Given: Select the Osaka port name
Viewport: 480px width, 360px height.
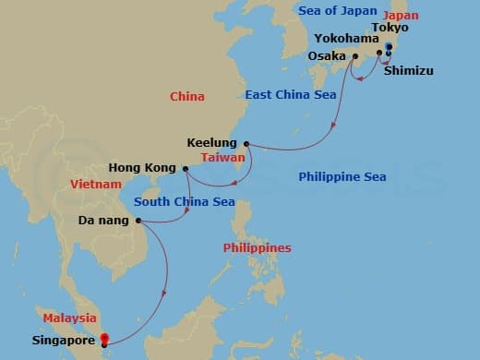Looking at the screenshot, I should point(325,54).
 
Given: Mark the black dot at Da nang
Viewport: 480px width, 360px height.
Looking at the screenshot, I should point(138,221).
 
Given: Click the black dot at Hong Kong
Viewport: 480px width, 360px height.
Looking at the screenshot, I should point(186,169).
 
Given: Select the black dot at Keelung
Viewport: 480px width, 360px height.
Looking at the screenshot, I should point(246,143).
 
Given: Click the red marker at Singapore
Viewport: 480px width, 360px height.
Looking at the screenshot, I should point(104,339).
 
